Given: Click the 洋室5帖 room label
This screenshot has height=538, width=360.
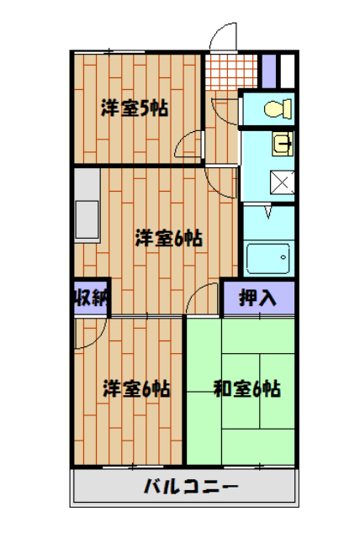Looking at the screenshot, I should pos(135,108).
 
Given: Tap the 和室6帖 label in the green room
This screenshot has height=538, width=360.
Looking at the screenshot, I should pos(246,389).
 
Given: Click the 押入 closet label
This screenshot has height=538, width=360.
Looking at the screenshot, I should pos(257,298).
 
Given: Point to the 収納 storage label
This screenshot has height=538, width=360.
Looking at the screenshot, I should pos(89,298).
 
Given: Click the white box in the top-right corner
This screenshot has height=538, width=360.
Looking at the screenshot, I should pos(287,70).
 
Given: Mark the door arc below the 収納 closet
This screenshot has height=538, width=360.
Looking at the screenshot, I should pos(88,332).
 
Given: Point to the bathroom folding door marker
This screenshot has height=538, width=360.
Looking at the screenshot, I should pos(268,211).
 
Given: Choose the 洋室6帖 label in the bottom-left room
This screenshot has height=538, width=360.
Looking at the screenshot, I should pos(137,389).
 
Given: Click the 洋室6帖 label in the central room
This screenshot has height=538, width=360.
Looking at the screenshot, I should pos(168,238).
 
